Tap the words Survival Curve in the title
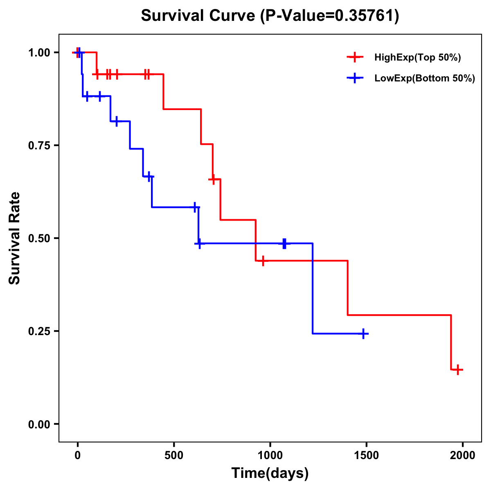tap(199, 16)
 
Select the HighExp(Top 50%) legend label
tap(417, 58)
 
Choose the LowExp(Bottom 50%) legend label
tap(425, 79)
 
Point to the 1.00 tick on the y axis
tap(39, 52)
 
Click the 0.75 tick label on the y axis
tap(39, 145)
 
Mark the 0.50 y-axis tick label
tap(39, 238)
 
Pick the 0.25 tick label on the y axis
tap(39, 331)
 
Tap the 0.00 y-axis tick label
tap(39, 424)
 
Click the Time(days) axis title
tap(270, 473)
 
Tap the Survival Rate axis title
tap(15, 238)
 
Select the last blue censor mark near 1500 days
tap(363, 334)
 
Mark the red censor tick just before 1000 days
tap(263, 261)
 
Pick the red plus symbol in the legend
tap(355, 58)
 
